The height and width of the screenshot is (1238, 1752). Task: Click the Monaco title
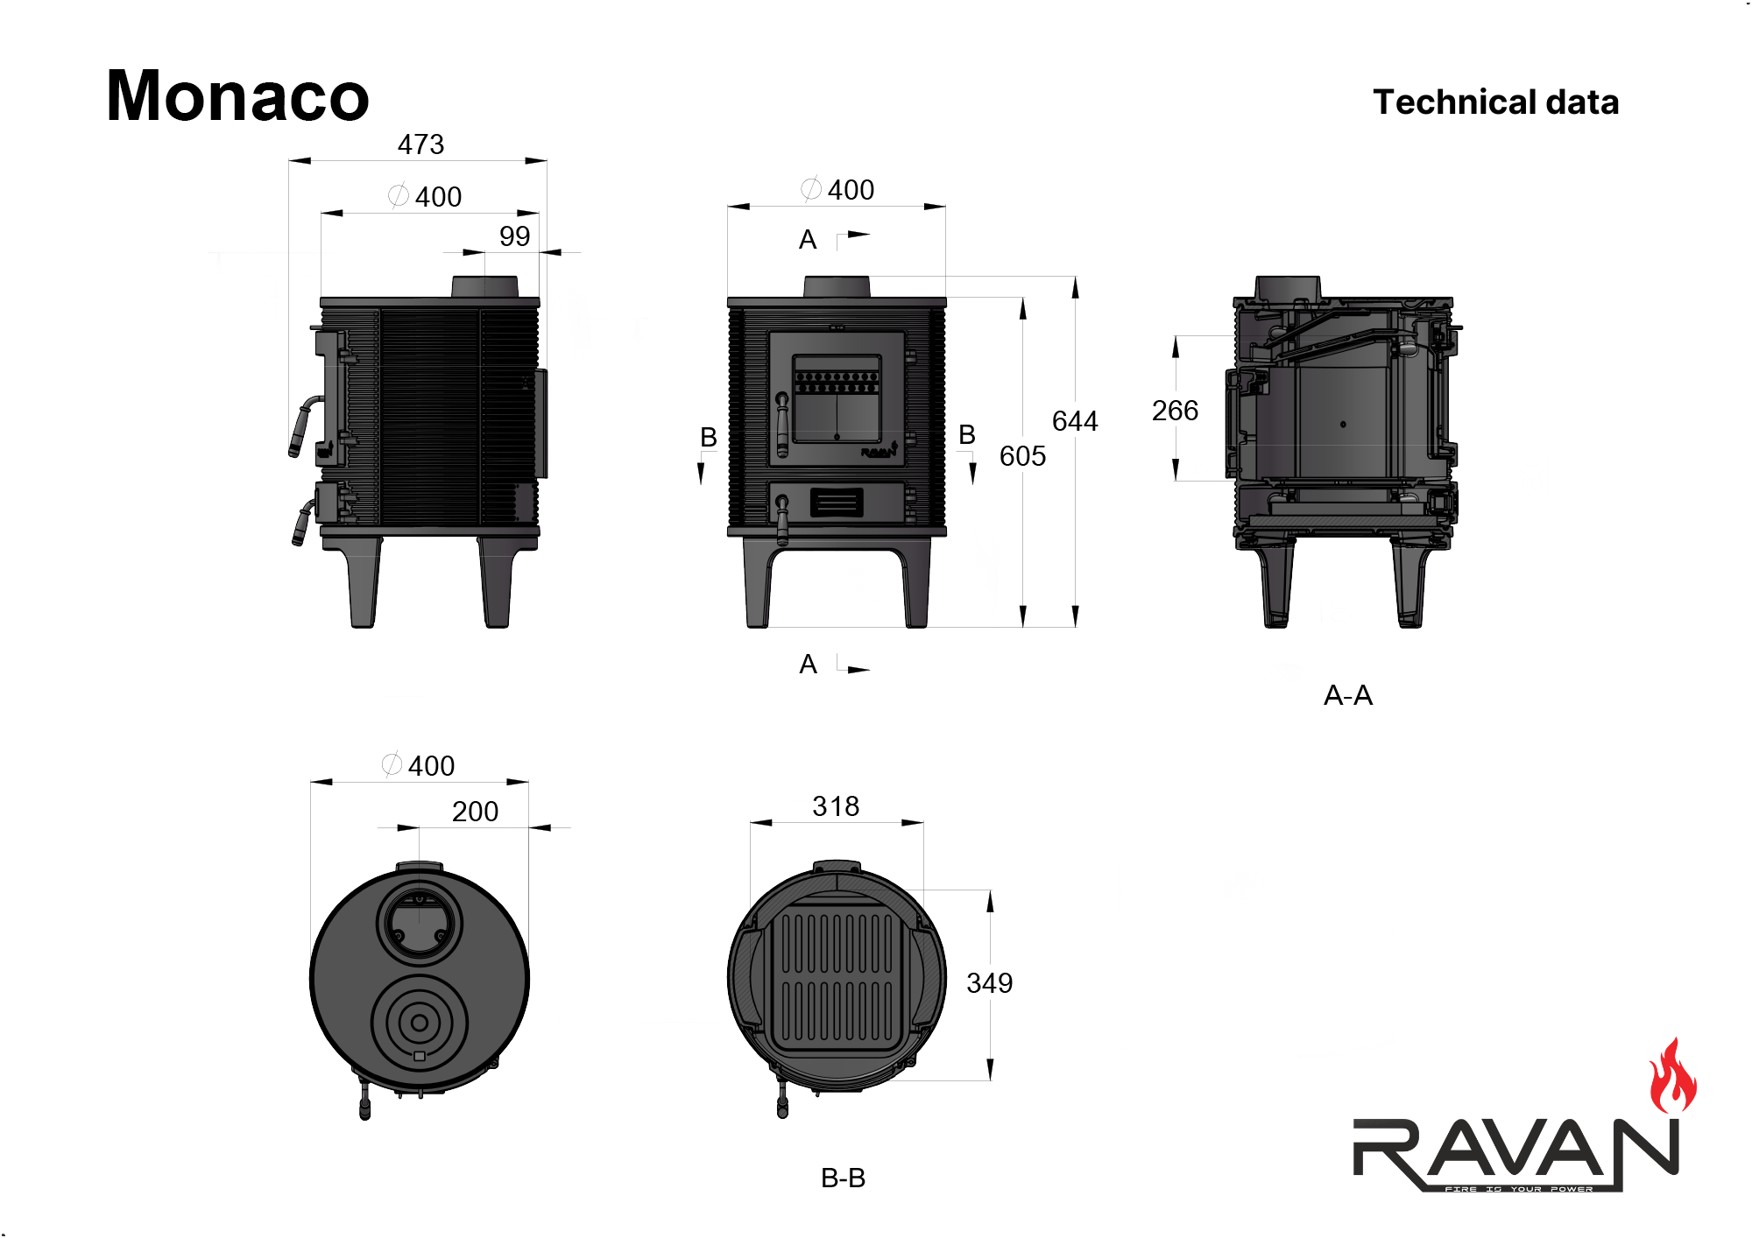click(x=237, y=96)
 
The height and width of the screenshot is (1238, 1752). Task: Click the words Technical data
click(x=1495, y=102)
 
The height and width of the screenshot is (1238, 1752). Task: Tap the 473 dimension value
click(x=420, y=144)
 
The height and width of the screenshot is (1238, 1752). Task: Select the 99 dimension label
click(x=514, y=236)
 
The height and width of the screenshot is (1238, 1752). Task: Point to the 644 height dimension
click(x=1074, y=421)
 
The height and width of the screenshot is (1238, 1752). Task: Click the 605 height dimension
click(x=1022, y=456)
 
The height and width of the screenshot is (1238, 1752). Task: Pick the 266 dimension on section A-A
click(x=1175, y=411)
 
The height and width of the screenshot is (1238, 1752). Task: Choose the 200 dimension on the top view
click(x=475, y=812)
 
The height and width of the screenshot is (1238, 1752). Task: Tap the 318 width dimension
click(x=836, y=806)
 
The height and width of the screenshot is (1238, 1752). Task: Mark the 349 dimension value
click(x=989, y=983)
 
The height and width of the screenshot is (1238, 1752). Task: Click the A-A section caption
click(x=1347, y=696)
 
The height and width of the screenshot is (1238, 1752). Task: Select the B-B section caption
click(x=843, y=1178)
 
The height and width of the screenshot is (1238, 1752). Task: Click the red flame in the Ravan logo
click(x=1671, y=1079)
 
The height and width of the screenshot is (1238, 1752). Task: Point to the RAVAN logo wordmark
click(x=1515, y=1151)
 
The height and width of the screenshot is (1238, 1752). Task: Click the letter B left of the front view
click(x=709, y=437)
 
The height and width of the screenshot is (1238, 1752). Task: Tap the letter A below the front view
click(x=808, y=665)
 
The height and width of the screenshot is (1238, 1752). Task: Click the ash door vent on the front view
click(x=837, y=503)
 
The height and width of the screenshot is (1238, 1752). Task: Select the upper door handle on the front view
click(x=782, y=424)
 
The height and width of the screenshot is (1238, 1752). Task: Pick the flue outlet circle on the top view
click(x=420, y=925)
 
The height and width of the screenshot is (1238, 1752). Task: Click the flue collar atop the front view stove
click(x=837, y=286)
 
